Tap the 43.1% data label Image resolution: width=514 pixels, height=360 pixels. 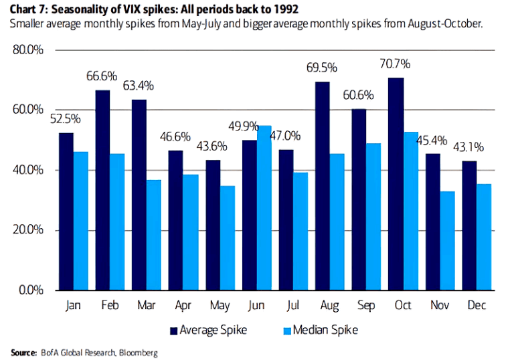coord(468,147)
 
